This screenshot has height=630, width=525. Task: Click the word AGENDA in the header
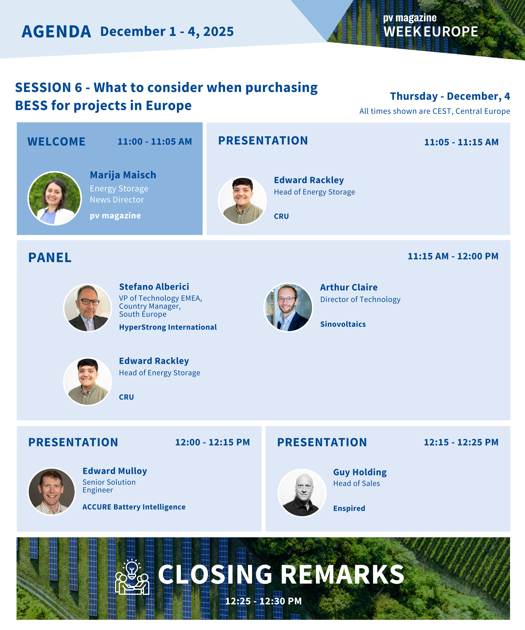(56, 31)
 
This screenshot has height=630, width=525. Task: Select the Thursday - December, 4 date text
(450, 96)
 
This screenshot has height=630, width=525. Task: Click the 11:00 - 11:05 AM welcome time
(155, 141)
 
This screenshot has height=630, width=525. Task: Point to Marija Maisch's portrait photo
(55, 198)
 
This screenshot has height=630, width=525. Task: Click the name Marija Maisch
(123, 175)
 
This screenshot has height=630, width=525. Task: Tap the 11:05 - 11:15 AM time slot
(461, 142)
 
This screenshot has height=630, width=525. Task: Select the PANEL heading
(50, 257)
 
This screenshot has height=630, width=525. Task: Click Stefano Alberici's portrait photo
(88, 308)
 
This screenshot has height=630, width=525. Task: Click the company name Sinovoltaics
(343, 324)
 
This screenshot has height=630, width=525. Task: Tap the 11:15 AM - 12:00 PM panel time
(453, 256)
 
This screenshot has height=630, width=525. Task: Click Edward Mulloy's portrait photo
(52, 492)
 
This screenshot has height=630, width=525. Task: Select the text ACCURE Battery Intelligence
(134, 507)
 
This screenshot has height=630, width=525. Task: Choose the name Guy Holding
(360, 472)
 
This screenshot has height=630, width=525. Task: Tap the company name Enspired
(349, 508)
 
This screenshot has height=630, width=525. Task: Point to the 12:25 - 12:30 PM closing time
(263, 601)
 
